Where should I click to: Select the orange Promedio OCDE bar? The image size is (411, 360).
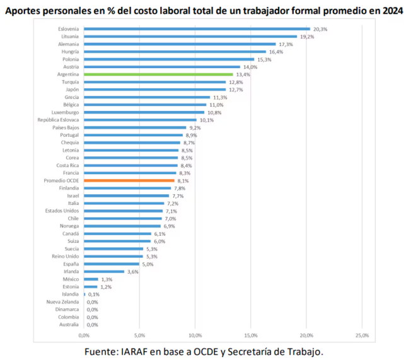(x=129, y=181)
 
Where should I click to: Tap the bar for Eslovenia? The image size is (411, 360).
(x=197, y=29)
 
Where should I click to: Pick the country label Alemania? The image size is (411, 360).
(x=69, y=44)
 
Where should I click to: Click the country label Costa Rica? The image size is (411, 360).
(x=67, y=165)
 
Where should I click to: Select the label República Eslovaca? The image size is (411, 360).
(x=59, y=120)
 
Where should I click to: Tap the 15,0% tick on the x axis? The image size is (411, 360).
(x=250, y=335)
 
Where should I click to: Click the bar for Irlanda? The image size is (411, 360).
(x=104, y=272)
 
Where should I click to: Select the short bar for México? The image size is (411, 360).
(x=91, y=279)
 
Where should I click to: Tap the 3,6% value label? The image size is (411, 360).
(x=132, y=272)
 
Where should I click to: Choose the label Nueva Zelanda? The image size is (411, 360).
(x=63, y=302)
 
